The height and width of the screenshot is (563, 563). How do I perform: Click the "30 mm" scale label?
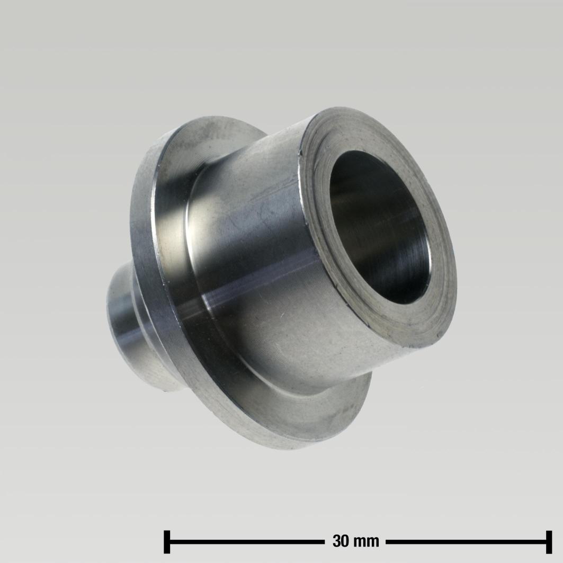coord(356,541)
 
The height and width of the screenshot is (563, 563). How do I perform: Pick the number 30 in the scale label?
coord(341,541)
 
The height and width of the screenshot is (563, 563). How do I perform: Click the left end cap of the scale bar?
coord(167,541)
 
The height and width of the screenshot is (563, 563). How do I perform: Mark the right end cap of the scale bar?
coord(548,541)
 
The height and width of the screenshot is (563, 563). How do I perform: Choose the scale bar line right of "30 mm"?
coord(466,541)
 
